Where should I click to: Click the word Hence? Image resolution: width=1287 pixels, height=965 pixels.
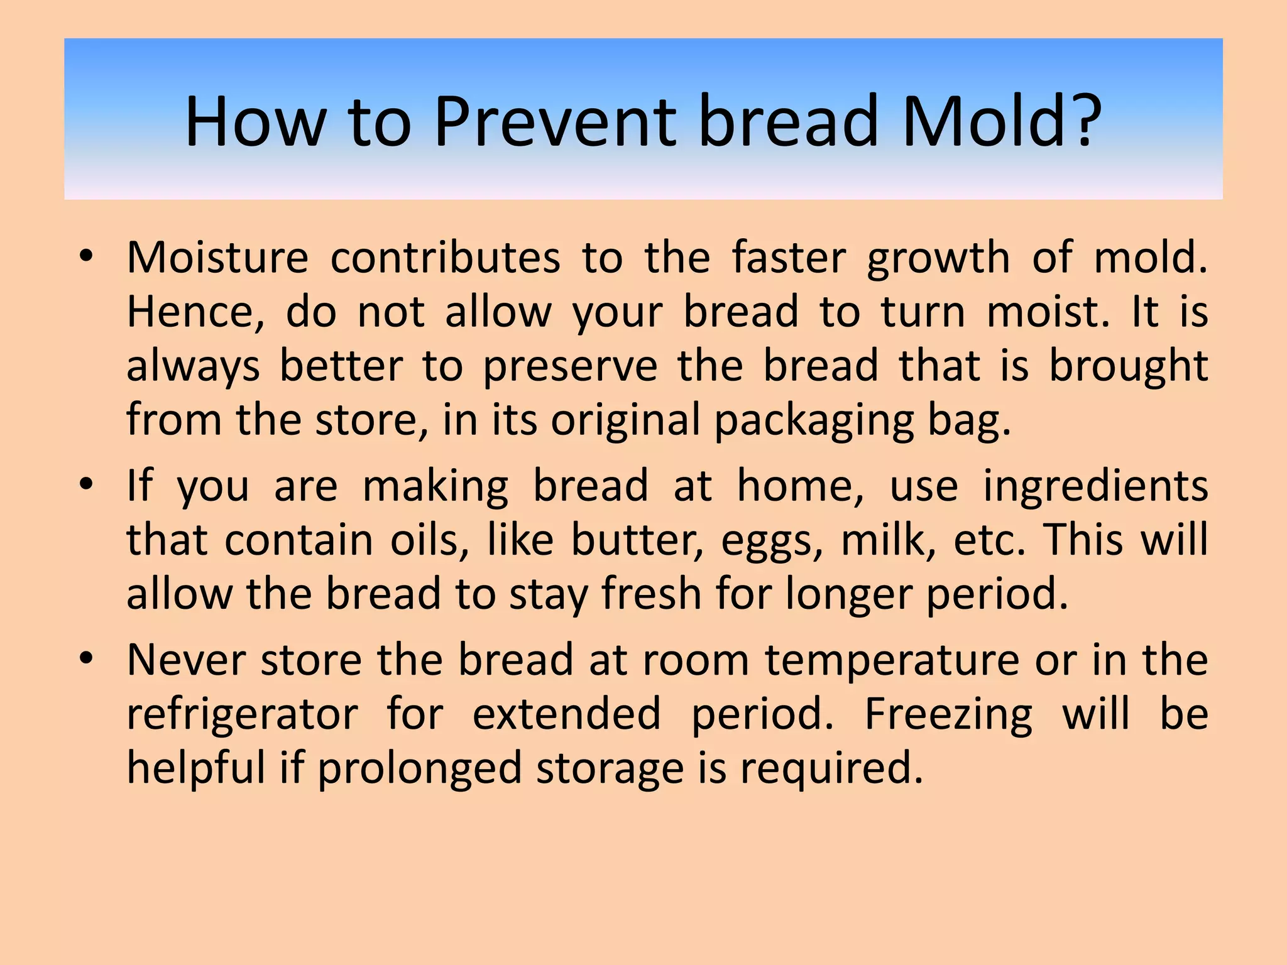195,312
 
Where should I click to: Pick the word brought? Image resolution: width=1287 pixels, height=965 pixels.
1129,366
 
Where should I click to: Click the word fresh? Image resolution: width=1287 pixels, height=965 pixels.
651,594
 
